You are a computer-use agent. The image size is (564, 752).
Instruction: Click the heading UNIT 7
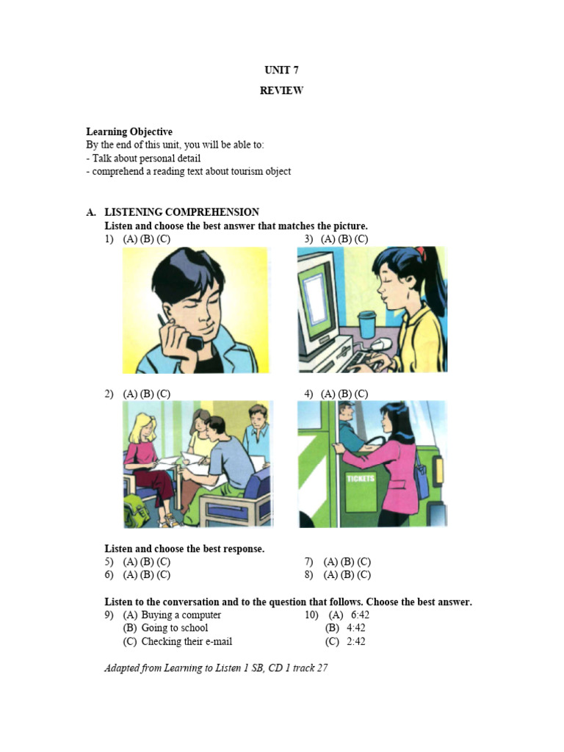click(281, 70)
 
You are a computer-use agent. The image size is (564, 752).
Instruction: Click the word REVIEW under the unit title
click(281, 91)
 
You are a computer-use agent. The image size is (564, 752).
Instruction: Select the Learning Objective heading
click(129, 132)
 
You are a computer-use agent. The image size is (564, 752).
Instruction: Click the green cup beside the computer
click(366, 325)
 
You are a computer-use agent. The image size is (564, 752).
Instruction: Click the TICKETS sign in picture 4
click(361, 478)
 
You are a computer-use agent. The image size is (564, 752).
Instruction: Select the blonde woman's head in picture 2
click(143, 427)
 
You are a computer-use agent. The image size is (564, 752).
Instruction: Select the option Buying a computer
click(181, 615)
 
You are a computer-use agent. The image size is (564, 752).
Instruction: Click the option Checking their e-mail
click(187, 641)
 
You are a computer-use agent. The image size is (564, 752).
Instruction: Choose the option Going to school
click(175, 628)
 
